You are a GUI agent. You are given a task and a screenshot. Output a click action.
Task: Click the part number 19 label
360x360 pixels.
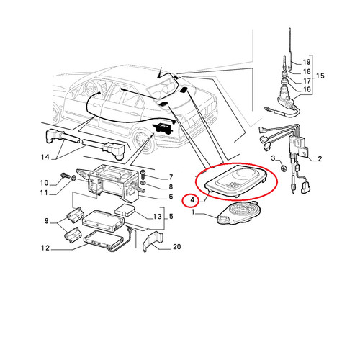pos(307,62)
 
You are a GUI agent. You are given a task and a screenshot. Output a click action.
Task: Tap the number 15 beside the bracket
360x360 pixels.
pos(320,76)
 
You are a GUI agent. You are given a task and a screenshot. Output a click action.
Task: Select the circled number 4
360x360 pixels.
pos(192,199)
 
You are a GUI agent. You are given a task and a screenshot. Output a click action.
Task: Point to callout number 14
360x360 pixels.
pos(45,157)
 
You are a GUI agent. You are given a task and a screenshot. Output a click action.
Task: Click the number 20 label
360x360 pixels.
pos(177,247)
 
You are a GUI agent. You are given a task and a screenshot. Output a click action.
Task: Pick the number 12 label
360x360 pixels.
pos(45,248)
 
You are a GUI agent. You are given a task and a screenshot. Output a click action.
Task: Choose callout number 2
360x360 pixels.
pos(320,158)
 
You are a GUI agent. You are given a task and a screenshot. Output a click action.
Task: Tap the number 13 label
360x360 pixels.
pos(157,217)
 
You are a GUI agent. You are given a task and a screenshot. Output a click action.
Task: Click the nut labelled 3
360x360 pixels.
pos(284,168)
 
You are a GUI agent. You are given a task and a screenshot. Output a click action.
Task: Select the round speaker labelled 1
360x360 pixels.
pos(238,213)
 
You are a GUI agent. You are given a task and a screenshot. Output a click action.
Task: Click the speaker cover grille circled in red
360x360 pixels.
pos(236,179)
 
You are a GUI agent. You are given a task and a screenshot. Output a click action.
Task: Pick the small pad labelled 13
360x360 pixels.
pos(125,210)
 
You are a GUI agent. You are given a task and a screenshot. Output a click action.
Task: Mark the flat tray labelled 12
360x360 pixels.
pos(104,240)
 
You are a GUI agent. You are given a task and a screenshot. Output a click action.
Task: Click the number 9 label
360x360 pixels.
pos(47,221)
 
